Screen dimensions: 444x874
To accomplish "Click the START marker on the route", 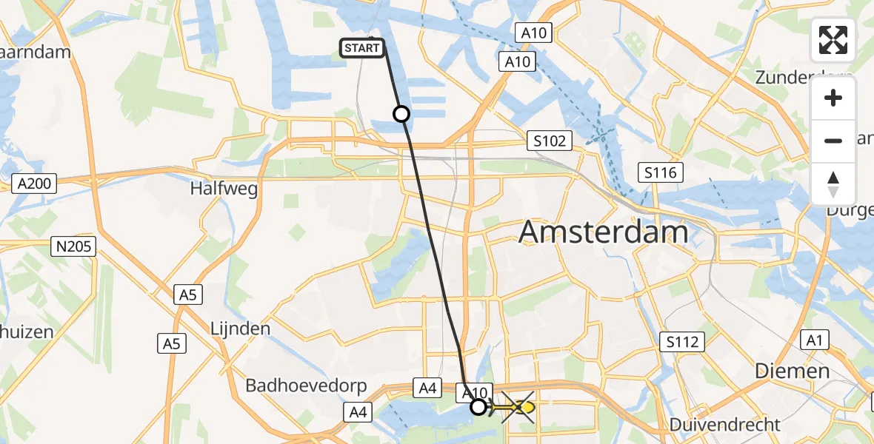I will [x=362, y=48].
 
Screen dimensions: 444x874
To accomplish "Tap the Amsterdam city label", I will [x=604, y=232].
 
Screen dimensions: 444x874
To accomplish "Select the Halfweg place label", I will [x=224, y=189].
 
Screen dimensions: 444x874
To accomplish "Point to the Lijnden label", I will [x=240, y=328].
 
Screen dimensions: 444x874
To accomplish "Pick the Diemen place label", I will [x=792, y=371].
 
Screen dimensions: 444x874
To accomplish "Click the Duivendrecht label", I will [x=725, y=425].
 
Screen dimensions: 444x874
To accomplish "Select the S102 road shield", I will [x=550, y=141].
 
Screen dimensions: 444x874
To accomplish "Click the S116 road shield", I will [x=661, y=173].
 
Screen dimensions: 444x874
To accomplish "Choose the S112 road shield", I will [x=682, y=341].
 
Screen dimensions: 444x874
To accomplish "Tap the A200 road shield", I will [x=35, y=183].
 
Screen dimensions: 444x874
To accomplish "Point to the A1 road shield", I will [x=815, y=340].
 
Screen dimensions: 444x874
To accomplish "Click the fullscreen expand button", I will [x=833, y=40].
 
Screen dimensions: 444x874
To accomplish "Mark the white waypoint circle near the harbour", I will [x=401, y=114].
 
